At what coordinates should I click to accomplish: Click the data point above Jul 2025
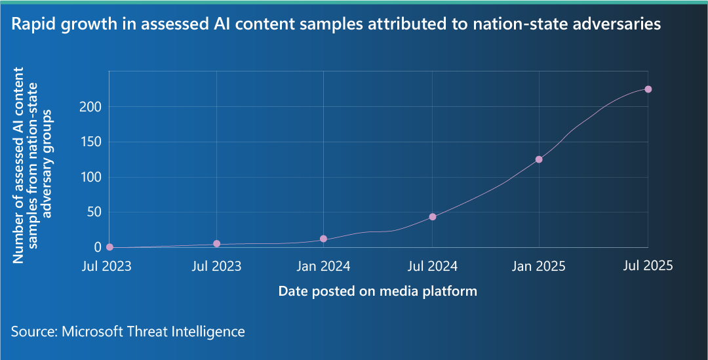coord(648,89)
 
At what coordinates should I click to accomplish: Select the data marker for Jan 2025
coord(539,159)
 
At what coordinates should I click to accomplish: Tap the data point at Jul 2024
coord(432,216)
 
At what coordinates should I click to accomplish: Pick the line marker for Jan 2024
coord(323,239)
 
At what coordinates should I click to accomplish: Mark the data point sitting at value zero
coord(109,247)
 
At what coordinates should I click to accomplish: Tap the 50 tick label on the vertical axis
coord(94,212)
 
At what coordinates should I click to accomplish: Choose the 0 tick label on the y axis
coord(98,247)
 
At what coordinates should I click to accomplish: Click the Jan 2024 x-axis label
coord(323,266)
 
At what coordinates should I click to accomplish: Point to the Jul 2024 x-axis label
coord(432,266)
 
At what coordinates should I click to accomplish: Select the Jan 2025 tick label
coord(539,266)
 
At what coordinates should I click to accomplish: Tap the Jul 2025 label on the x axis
coord(647,266)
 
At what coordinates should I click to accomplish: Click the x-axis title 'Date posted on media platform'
coord(378,291)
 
